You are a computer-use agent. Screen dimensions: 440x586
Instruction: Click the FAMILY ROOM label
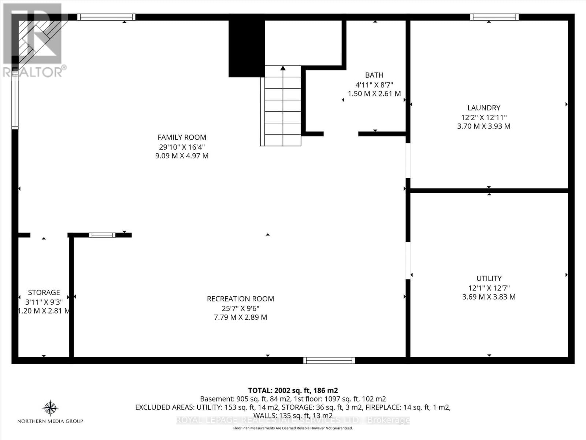pos(182,137)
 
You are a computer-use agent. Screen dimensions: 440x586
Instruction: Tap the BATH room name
pos(374,75)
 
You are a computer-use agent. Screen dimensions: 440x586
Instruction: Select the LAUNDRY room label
pos(483,108)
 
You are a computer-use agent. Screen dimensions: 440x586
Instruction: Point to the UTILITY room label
pos(489,279)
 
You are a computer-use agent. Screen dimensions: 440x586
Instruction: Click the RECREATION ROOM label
pos(240,299)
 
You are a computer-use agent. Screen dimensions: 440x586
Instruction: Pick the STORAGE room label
pos(44,293)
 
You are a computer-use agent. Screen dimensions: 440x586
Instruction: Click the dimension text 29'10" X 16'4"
pos(182,147)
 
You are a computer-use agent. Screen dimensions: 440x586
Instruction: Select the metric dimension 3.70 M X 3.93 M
pos(483,126)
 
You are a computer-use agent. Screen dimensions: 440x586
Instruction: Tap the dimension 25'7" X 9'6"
pos(240,308)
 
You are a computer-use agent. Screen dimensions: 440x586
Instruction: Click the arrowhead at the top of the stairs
pos(283,68)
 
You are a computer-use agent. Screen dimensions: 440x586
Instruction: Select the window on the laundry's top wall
pos(494,17)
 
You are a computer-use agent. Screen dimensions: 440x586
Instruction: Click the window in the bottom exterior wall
pos(329,360)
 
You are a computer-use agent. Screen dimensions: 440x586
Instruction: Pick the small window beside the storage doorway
pos(102,235)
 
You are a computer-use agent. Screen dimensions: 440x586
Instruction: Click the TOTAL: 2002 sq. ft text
pos(293,390)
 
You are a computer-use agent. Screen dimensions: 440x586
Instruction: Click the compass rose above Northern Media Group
pos(50,408)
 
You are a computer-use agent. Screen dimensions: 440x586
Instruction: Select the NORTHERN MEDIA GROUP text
pos(50,421)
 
